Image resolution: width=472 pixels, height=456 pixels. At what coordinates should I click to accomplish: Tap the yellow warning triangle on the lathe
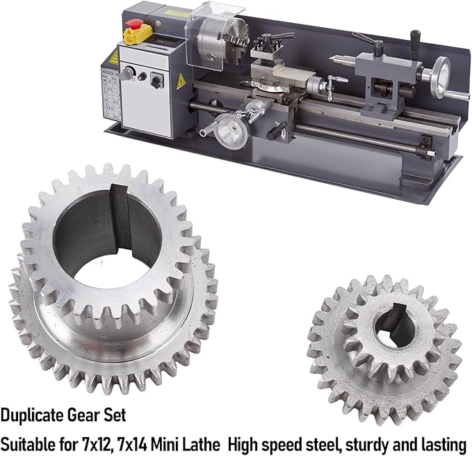click(x=181, y=81)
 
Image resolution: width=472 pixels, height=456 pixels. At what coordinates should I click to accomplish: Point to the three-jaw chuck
click(x=222, y=42)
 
